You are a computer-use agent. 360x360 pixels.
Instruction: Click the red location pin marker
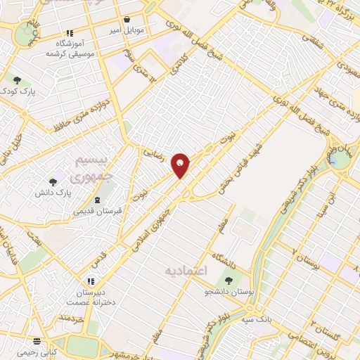pos(181,166)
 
